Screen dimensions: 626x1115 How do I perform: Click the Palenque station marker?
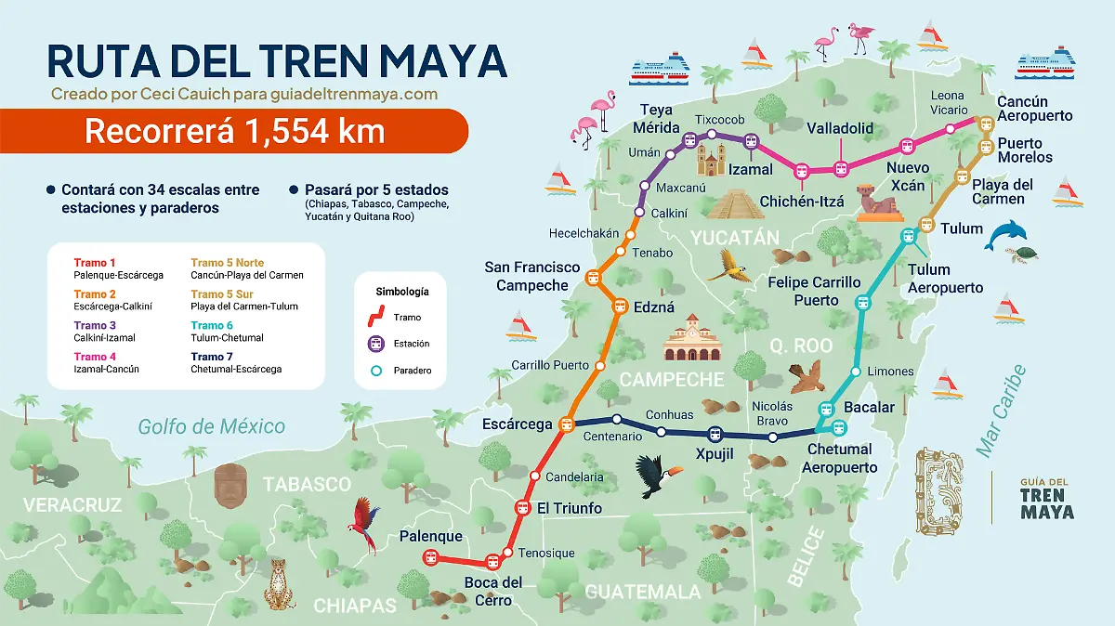[x=430, y=557]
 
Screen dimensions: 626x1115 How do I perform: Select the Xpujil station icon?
[x=715, y=434]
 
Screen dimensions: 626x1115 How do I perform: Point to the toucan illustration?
[x=658, y=476]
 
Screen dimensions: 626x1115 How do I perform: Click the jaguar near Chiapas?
[x=279, y=583]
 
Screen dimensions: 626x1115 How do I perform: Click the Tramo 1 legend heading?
[x=95, y=263]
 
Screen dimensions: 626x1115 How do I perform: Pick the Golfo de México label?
[x=211, y=426]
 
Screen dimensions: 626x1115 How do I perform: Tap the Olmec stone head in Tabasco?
[x=230, y=485]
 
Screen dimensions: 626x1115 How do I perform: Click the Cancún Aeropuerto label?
[x=1034, y=109]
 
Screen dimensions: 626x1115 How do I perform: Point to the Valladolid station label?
[x=840, y=128]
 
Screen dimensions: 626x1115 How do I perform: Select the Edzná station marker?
[x=620, y=306]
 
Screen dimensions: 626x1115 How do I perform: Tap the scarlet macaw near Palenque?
[x=364, y=524]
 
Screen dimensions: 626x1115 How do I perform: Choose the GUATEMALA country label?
[x=643, y=592]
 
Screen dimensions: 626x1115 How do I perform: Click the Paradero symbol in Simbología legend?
[x=372, y=371]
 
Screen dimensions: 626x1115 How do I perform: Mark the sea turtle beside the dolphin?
[x=1026, y=254]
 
